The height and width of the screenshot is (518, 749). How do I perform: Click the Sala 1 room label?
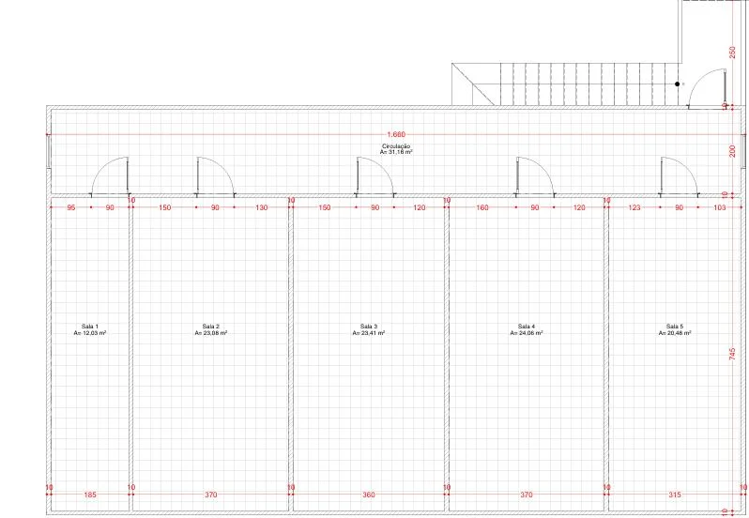coord(90,327)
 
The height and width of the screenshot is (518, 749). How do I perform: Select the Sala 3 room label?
coord(369,327)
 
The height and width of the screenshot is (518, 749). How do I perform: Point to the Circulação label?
coord(396,146)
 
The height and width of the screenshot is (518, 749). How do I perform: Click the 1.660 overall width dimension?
coord(396,134)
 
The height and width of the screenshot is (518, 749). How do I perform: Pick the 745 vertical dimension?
coord(733,354)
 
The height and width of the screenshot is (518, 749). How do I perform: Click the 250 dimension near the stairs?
coord(733,53)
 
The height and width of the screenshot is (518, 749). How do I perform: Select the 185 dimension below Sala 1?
coord(90,495)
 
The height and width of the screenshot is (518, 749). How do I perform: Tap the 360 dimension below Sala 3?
coord(369,495)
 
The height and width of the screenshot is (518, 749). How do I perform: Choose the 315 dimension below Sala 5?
coord(675,495)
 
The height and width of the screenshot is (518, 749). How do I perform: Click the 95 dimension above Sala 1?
coord(71,207)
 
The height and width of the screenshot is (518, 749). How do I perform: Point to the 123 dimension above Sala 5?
coord(634,207)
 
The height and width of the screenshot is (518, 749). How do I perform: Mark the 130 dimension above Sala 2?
coord(262,207)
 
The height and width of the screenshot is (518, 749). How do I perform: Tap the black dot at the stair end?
coord(677,84)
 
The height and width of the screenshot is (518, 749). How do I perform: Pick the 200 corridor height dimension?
coord(733,151)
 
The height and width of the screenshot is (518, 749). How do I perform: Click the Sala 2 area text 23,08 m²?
coord(210,333)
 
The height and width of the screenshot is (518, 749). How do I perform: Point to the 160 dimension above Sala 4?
coord(482,207)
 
